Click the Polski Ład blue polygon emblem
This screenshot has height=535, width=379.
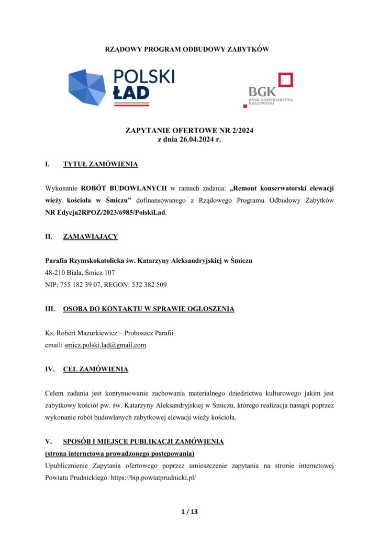[87, 87]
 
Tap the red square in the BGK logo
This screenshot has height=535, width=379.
[285, 80]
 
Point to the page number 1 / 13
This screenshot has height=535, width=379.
[189, 511]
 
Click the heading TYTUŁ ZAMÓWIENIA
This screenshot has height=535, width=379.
[101, 165]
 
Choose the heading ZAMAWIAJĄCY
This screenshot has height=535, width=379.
[91, 237]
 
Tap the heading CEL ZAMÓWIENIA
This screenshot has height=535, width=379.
[95, 369]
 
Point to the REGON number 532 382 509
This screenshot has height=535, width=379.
[144, 285]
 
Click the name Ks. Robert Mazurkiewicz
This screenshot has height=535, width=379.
[79, 333]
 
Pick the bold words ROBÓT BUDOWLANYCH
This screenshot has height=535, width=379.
[124, 189]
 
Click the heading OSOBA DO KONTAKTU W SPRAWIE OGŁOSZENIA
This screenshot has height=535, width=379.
[149, 309]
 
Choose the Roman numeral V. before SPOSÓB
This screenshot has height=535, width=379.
[49, 442]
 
